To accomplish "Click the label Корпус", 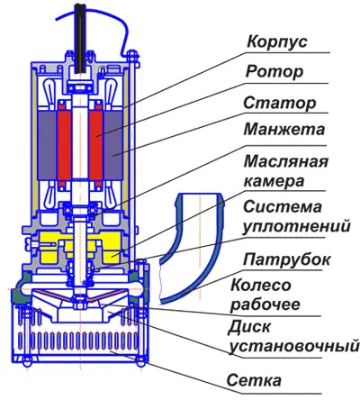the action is point(277,41).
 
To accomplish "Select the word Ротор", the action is point(274,72).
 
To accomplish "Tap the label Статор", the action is point(280,103).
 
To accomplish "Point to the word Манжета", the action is point(284,129).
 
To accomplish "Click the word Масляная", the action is point(286,161).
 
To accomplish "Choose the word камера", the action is point(274,181).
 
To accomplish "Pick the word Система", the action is point(283,206).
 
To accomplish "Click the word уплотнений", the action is point(296,226).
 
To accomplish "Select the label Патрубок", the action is point(286,259).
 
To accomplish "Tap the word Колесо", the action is point(261,285).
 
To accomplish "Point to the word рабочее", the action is point(265,304).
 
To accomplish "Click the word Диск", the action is point(249,327).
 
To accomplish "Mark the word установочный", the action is point(294,346).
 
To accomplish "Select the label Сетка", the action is point(254,380).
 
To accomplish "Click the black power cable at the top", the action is point(81,39).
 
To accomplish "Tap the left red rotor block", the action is point(65,146).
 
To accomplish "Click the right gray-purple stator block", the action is point(113,146).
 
